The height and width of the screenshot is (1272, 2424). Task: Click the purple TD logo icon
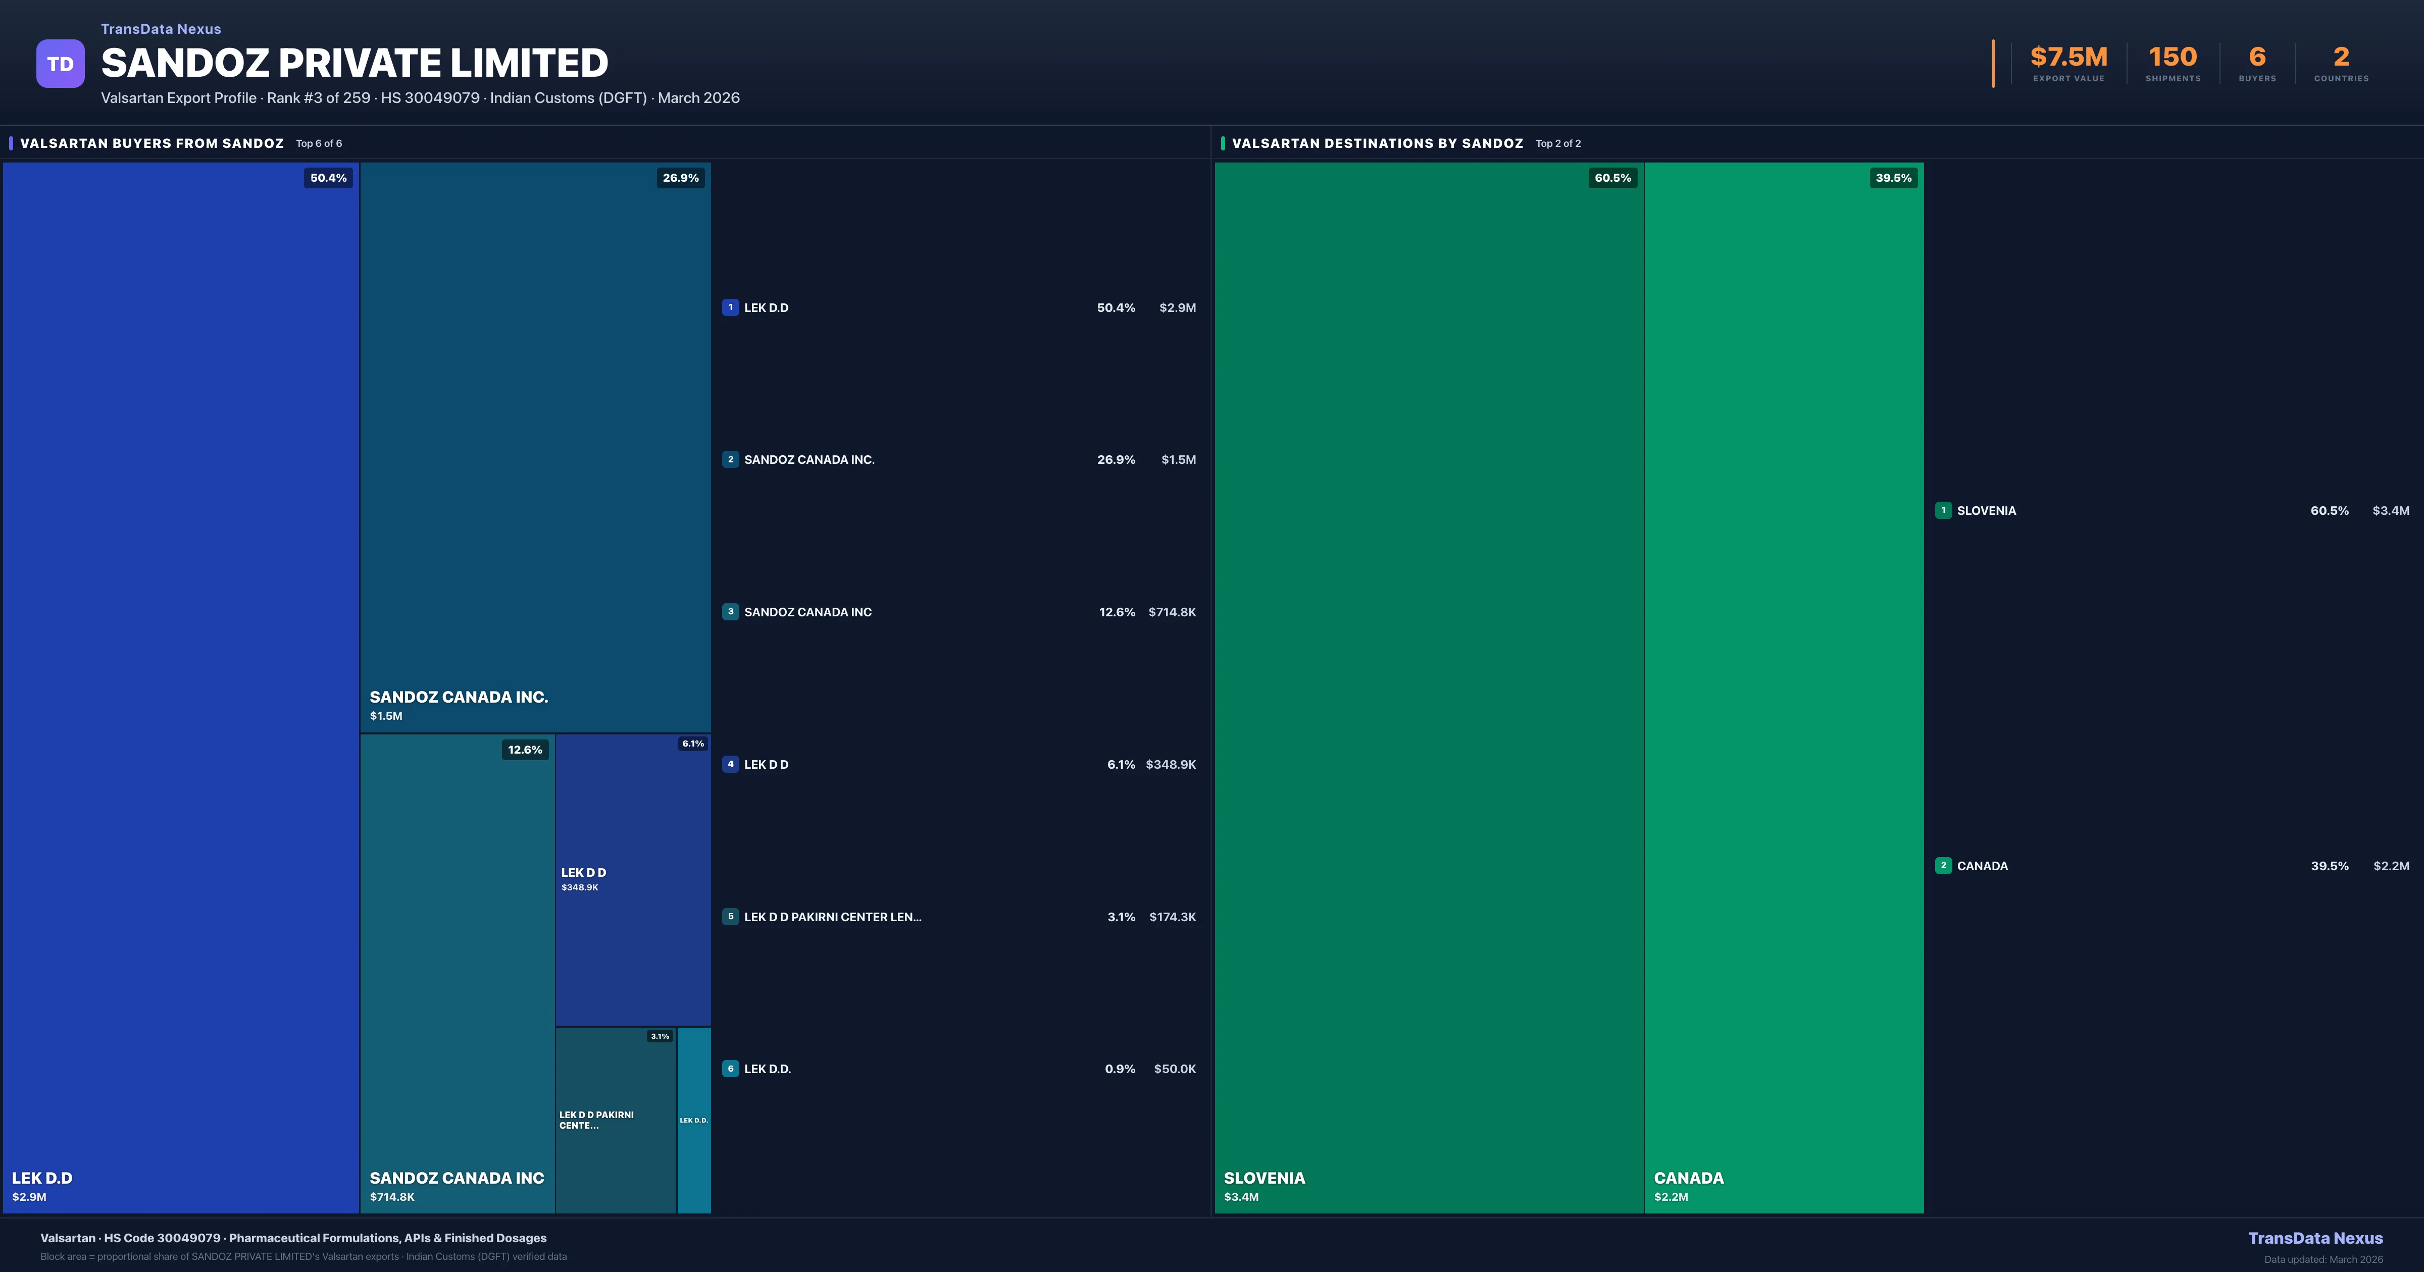click(60, 64)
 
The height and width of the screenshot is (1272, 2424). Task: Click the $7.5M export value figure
click(2068, 58)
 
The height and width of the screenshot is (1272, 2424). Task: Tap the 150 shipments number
click(2172, 58)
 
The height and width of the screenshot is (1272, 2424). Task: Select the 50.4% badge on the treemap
click(328, 178)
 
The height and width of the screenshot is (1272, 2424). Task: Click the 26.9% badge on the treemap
click(680, 178)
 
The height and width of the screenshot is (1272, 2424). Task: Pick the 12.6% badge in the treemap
click(525, 750)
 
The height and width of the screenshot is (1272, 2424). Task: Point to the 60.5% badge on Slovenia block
click(1612, 178)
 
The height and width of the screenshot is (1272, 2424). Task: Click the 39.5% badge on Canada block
click(1893, 178)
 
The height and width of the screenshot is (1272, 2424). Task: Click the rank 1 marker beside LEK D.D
click(730, 307)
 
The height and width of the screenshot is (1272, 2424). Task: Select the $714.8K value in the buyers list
click(1172, 612)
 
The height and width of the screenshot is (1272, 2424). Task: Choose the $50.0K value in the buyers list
click(1174, 1069)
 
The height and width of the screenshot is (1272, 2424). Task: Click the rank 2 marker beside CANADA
click(1943, 866)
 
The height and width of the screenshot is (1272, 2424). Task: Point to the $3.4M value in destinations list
click(2390, 511)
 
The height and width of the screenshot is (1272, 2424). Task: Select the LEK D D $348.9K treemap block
click(632, 880)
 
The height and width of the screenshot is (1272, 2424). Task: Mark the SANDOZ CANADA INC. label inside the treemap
click(458, 697)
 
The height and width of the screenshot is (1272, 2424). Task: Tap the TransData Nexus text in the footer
click(2315, 1238)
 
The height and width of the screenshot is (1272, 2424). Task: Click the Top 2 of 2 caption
click(1557, 144)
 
